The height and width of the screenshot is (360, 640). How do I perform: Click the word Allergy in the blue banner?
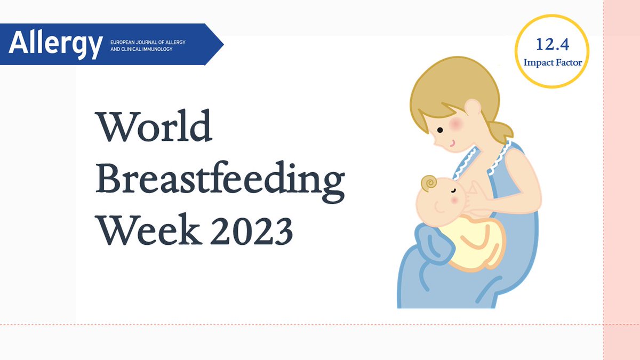pyautogui.click(x=55, y=44)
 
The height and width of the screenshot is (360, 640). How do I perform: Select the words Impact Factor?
pyautogui.click(x=552, y=62)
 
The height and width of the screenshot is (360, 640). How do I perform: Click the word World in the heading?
pyautogui.click(x=154, y=127)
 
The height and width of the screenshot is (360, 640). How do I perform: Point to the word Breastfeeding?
pyautogui.click(x=220, y=180)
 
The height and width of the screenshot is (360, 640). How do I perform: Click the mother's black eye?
pyautogui.click(x=440, y=130)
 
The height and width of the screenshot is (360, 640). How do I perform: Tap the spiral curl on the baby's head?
pyautogui.click(x=428, y=183)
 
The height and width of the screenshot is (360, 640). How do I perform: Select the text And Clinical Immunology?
pyautogui.click(x=141, y=50)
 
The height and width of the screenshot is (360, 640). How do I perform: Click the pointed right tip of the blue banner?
pyautogui.click(x=222, y=44)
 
